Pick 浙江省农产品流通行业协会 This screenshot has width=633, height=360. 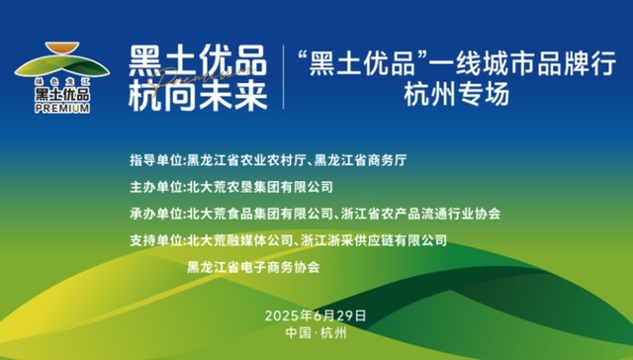click(x=422, y=213)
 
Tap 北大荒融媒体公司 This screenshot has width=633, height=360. click(x=236, y=239)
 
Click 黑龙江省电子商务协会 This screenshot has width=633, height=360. click(x=253, y=266)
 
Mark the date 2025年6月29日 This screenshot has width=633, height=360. click(x=316, y=315)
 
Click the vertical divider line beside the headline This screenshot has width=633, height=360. click(x=282, y=77)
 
